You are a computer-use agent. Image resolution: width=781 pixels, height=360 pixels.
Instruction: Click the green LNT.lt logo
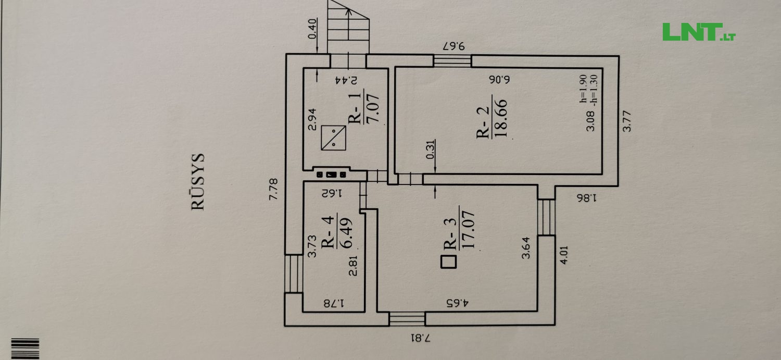tap(699, 32)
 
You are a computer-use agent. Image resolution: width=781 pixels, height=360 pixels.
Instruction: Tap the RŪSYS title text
tap(198, 181)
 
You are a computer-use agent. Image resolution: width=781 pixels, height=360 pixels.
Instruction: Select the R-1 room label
tap(355, 108)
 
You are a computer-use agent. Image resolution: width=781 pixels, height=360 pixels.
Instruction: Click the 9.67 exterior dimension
tap(454, 46)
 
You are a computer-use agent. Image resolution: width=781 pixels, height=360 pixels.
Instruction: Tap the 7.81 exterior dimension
tap(420, 338)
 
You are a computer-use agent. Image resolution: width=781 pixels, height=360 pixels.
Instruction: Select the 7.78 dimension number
tap(273, 189)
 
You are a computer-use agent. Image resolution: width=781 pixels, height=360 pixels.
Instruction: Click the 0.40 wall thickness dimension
tap(312, 29)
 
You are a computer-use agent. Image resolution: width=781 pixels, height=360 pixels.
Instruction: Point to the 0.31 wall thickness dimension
tap(431, 150)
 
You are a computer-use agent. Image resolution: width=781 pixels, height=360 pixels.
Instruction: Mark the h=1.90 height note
tap(583, 89)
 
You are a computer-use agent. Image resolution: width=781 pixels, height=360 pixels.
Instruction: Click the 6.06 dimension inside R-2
tap(499, 80)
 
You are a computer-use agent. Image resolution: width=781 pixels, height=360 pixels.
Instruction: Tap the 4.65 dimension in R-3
tap(458, 303)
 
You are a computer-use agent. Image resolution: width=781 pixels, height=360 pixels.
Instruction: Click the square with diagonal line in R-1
tap(334, 138)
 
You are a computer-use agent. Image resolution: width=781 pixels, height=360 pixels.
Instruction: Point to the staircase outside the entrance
tap(348, 27)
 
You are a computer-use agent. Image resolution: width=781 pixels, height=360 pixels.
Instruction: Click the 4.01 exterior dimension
tap(564, 255)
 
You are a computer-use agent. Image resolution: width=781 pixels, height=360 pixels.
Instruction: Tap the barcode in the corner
tap(25, 349)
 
